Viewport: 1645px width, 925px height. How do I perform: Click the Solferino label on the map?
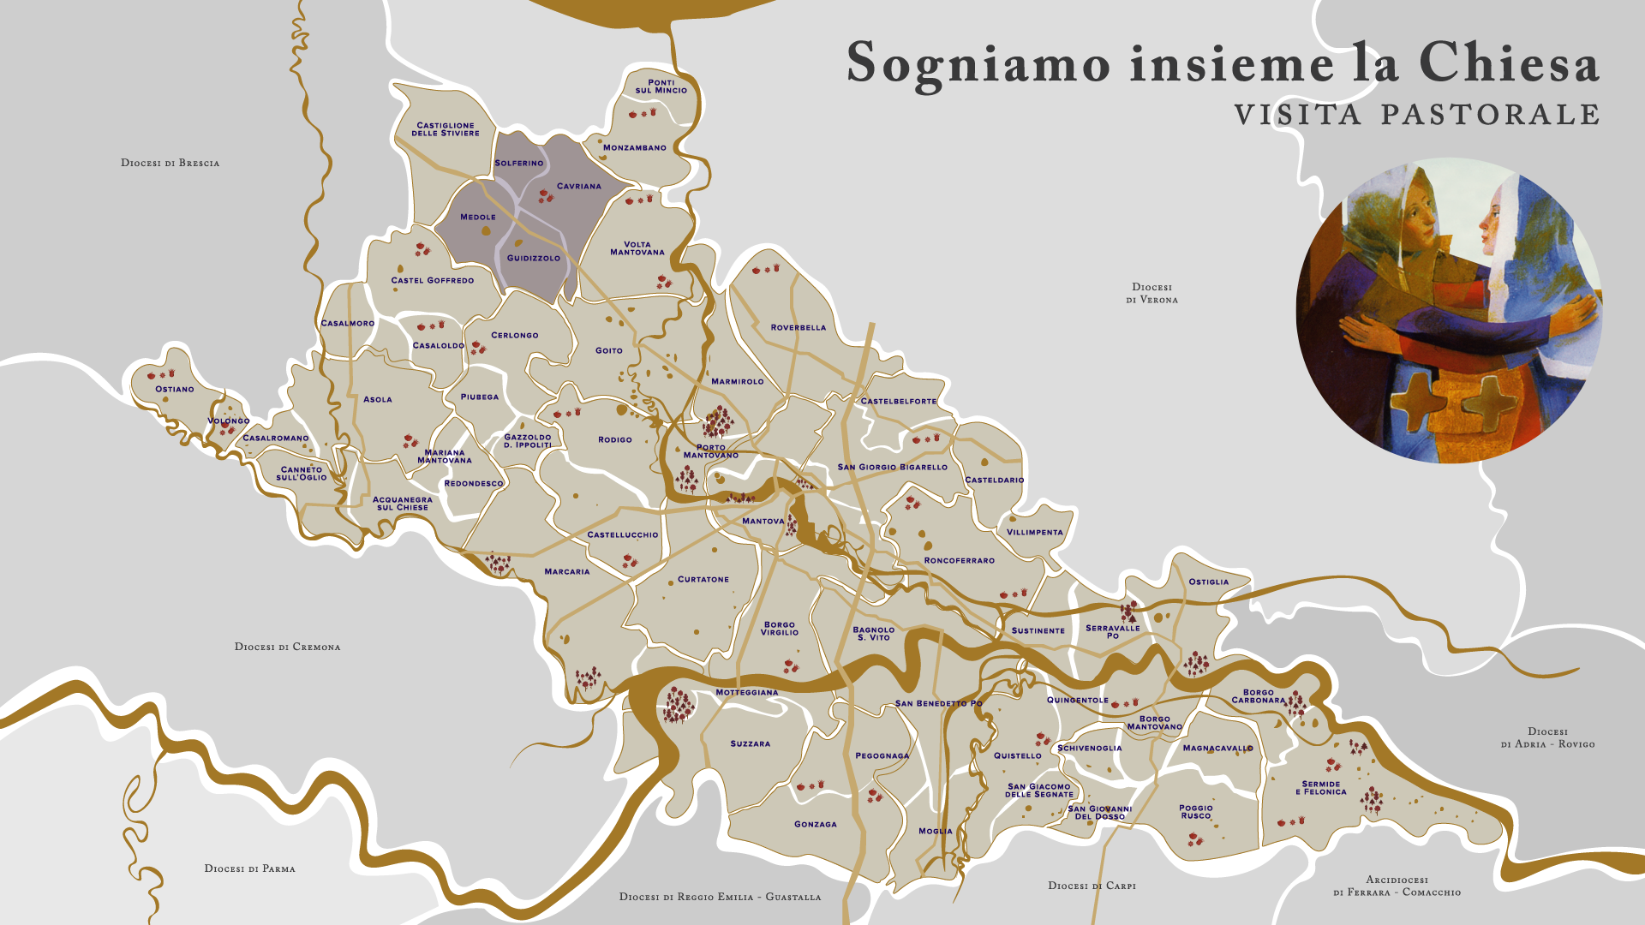tap(518, 163)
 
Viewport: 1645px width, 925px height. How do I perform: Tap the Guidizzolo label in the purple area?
tap(533, 258)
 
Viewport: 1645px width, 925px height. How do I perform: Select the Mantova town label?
tap(763, 521)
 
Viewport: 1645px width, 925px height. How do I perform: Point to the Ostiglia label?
tap(1208, 582)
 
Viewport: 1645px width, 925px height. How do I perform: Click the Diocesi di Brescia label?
tap(170, 163)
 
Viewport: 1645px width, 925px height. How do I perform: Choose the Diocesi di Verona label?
tap(1151, 293)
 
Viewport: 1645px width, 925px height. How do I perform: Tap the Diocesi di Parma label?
tap(249, 868)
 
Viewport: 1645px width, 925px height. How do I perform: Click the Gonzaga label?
tap(815, 824)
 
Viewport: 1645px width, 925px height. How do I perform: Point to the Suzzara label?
tap(750, 743)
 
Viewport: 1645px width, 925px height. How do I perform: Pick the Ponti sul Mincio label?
tap(661, 87)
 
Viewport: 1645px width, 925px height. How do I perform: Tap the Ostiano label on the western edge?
tap(174, 389)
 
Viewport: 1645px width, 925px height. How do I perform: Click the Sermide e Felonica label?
tap(1320, 788)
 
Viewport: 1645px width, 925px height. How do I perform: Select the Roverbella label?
tap(798, 327)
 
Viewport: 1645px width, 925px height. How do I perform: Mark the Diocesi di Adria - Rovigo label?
tap(1547, 737)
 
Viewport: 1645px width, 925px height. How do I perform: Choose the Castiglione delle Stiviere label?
tap(445, 129)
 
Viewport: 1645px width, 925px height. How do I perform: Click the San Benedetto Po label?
tap(938, 703)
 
